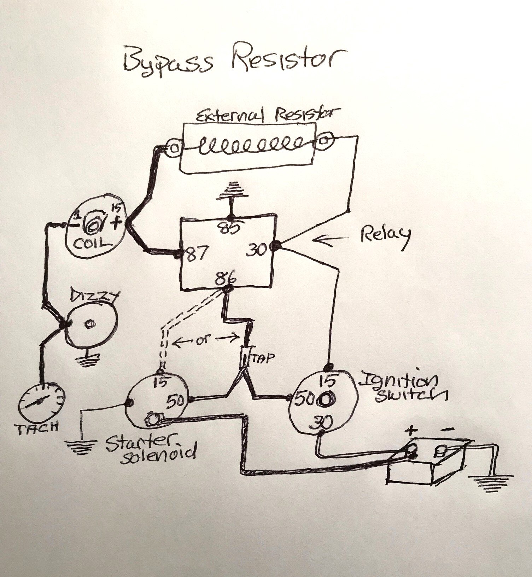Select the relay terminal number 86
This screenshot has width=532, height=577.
click(x=227, y=278)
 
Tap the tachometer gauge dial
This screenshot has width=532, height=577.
click(x=42, y=403)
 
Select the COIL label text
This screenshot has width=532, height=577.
click(x=92, y=244)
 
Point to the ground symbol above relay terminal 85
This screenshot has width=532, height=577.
click(x=232, y=191)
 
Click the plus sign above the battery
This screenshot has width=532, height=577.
click(x=411, y=430)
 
